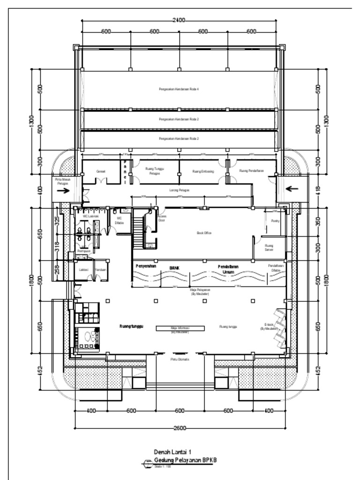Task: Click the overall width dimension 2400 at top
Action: click(179, 21)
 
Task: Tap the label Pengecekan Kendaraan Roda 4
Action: click(180, 89)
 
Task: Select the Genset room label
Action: click(101, 172)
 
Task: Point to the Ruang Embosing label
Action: click(203, 172)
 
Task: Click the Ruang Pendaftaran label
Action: click(252, 171)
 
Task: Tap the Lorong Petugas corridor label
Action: click(179, 190)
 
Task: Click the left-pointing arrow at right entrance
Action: click(292, 189)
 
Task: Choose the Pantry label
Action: click(275, 220)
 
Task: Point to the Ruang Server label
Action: click(269, 247)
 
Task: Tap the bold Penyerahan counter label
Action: click(145, 266)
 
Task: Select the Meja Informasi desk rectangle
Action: click(180, 328)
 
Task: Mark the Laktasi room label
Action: click(84, 270)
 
